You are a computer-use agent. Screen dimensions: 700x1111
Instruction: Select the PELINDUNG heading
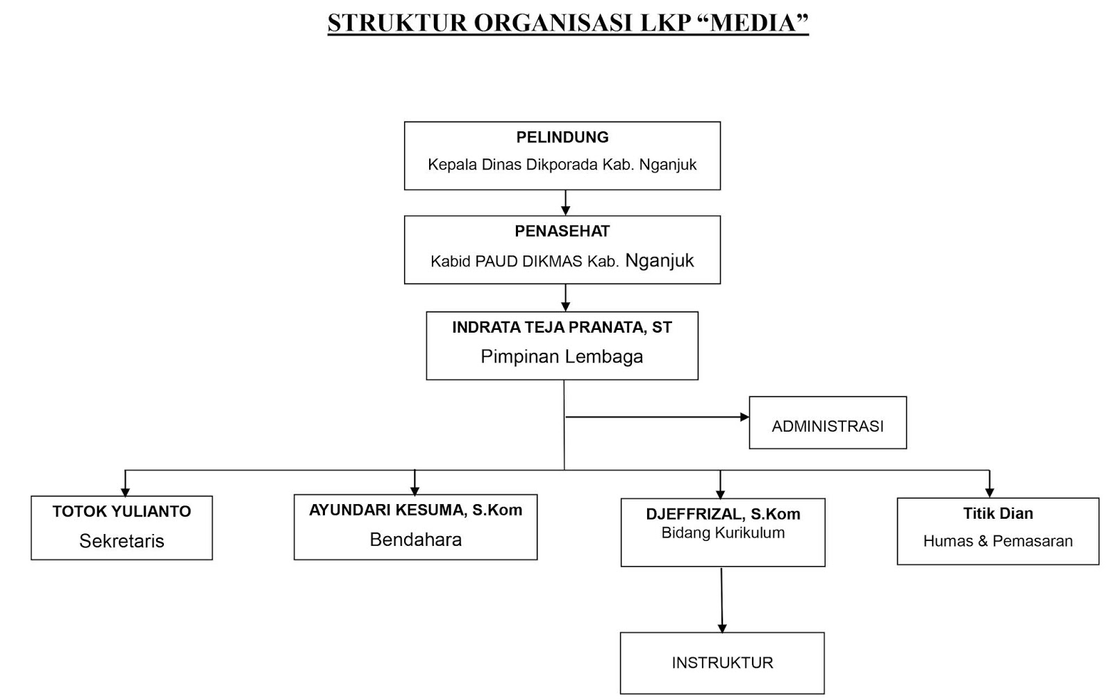pos(562,137)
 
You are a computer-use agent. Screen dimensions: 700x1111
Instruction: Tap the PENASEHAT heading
pos(562,231)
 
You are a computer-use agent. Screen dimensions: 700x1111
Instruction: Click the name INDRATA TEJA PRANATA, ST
pos(562,327)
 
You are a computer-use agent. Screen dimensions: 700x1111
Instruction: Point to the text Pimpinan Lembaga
pos(562,357)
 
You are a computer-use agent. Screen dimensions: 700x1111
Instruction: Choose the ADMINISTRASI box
pos(828,423)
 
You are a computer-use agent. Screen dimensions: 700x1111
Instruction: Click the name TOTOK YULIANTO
pos(122,512)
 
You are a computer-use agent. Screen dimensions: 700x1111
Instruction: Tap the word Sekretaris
pos(122,541)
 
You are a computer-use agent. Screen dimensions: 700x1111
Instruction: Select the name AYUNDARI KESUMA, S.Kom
pos(415,510)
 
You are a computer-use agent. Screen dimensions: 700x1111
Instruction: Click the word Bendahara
pos(415,540)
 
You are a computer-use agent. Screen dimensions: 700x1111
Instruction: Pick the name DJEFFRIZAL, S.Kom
pos(723,515)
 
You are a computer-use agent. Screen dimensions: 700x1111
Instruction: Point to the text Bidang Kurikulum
pos(723,533)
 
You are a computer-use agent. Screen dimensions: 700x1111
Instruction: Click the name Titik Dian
pos(998,514)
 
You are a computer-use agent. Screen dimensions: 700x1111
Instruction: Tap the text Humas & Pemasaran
pos(998,541)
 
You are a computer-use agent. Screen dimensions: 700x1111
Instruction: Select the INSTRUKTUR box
pos(722,663)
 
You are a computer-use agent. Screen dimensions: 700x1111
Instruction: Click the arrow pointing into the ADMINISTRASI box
pos(744,417)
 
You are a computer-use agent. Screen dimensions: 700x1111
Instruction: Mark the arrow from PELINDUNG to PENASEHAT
pos(565,203)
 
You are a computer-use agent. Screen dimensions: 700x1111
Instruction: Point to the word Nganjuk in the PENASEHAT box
pos(660,260)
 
